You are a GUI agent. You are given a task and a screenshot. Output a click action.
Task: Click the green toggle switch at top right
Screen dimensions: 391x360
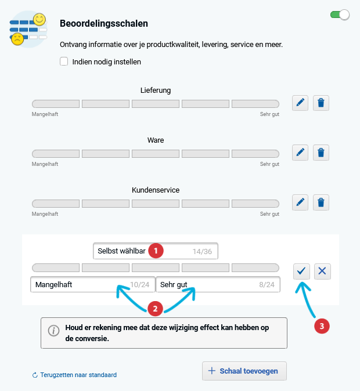click(x=340, y=15)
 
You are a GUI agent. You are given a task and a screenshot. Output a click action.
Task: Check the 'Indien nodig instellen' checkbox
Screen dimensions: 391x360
click(x=64, y=61)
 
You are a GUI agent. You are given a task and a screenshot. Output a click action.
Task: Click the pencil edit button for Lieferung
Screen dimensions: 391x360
click(x=300, y=103)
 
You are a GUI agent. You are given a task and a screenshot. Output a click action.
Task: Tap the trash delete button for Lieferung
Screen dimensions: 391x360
click(x=322, y=103)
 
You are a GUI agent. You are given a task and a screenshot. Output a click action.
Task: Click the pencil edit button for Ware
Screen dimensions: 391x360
click(x=300, y=153)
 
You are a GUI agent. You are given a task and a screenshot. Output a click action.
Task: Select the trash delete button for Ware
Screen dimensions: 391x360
click(x=322, y=153)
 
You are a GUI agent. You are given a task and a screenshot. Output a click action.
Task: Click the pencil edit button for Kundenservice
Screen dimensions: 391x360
click(x=300, y=202)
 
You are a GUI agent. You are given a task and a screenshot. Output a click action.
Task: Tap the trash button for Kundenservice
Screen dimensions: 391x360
click(x=322, y=202)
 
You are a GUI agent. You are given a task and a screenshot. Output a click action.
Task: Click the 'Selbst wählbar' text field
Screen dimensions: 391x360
click(x=122, y=251)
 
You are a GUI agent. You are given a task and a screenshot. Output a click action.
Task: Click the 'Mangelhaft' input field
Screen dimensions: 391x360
click(x=75, y=285)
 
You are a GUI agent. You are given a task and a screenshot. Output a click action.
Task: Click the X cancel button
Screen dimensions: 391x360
click(x=323, y=271)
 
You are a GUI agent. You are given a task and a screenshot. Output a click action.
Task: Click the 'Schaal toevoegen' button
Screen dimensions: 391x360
click(x=244, y=371)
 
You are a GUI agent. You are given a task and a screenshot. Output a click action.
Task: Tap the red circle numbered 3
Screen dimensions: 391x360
click(x=322, y=326)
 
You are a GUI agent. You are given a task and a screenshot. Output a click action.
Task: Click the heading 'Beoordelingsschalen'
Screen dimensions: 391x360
click(x=104, y=24)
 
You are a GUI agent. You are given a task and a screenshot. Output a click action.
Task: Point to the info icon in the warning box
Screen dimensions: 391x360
click(x=53, y=331)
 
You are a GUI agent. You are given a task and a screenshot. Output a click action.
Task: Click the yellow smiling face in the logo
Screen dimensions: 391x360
click(x=39, y=19)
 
